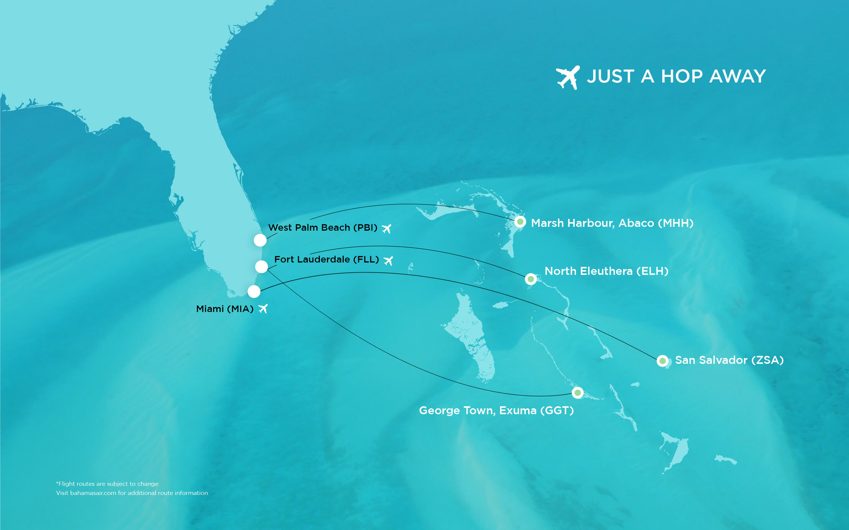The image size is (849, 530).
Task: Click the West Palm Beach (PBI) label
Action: pos(322,227)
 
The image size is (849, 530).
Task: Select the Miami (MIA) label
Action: pos(224,309)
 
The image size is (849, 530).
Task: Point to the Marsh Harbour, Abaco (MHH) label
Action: pos(612,223)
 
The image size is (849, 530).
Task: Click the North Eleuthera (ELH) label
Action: pos(606,271)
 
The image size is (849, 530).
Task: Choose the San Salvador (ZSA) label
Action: pos(729,360)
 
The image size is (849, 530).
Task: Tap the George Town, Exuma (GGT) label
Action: pos(496,410)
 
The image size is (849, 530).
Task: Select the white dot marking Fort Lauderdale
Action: pos(261,267)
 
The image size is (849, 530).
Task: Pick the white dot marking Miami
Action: pos(254,291)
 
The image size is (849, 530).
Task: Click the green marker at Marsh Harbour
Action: pos(520,222)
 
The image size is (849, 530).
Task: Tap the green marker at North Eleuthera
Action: pos(531,279)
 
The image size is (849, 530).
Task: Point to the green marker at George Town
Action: pos(577,393)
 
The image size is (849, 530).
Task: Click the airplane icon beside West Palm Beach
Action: pos(386,229)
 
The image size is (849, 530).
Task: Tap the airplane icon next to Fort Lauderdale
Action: pos(388,261)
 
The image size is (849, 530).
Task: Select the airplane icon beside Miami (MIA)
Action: pos(263,308)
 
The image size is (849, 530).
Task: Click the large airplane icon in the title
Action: pos(568,77)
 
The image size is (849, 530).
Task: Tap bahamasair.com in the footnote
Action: pos(93,493)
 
